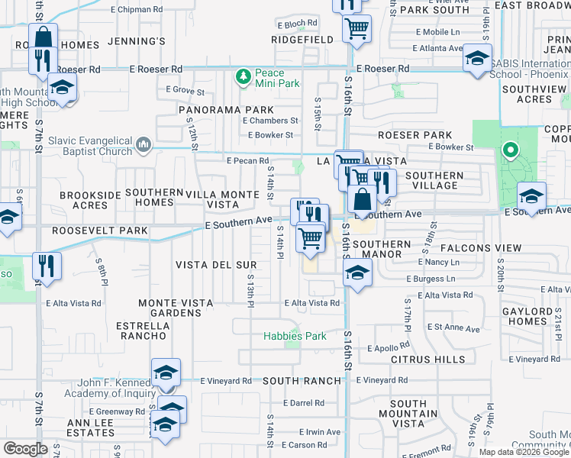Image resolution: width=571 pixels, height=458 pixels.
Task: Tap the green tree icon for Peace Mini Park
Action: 244,76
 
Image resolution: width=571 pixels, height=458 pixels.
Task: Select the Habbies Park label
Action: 295,336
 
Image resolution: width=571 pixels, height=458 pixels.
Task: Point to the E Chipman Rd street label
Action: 137,10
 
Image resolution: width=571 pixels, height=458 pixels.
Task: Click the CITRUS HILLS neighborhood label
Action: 427,359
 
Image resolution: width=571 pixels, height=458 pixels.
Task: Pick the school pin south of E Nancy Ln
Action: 358,273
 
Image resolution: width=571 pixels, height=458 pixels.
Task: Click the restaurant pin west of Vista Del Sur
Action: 47,267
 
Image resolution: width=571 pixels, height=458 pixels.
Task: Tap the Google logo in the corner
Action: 25,449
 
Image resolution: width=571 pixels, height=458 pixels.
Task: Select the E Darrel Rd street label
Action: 303,403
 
